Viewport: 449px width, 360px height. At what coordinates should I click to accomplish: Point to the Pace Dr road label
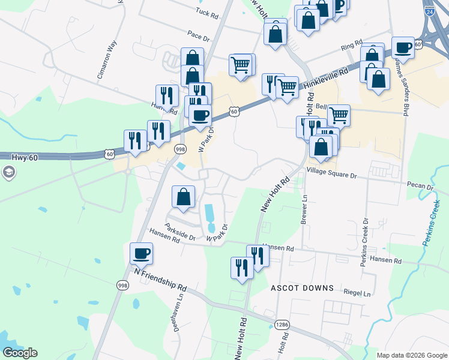198,36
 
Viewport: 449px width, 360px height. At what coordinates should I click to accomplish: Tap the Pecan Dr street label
420,187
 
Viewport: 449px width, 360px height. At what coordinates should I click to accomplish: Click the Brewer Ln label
304,210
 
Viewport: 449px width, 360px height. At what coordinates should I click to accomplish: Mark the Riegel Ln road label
357,293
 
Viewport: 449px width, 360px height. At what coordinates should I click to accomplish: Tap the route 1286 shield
282,325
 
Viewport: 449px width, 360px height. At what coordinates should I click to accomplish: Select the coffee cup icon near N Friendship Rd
141,253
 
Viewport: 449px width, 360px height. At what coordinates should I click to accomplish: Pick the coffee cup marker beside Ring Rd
403,47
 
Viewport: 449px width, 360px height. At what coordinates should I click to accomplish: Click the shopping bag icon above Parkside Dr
183,197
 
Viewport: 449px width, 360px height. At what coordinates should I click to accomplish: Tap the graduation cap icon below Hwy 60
8,173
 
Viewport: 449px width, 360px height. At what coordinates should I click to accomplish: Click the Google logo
20,352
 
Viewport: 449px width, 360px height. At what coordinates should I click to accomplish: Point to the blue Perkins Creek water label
435,223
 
